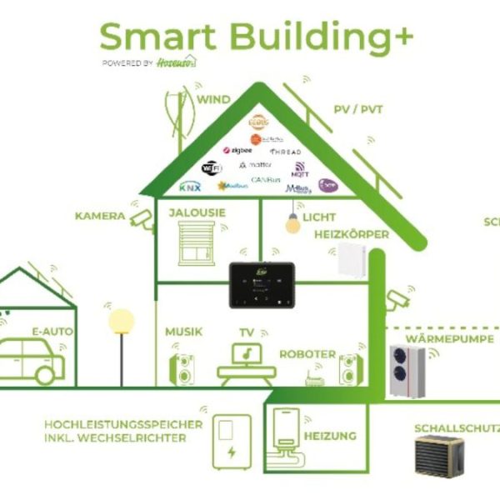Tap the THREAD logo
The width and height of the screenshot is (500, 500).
[x=284, y=152]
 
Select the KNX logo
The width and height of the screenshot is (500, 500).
[x=190, y=186]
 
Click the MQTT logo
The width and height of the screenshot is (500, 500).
[x=298, y=170]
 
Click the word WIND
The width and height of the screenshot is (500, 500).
[x=213, y=99]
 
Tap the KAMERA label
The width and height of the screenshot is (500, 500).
[x=100, y=217]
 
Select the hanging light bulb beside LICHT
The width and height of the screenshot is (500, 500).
[x=292, y=223]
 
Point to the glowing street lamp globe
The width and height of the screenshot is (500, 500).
[x=122, y=319]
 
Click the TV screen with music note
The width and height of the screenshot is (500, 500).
[x=246, y=354]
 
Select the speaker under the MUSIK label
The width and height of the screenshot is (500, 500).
[x=183, y=366]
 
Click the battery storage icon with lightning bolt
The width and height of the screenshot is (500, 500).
[x=231, y=442]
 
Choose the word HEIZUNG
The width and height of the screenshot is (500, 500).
[x=330, y=436]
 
